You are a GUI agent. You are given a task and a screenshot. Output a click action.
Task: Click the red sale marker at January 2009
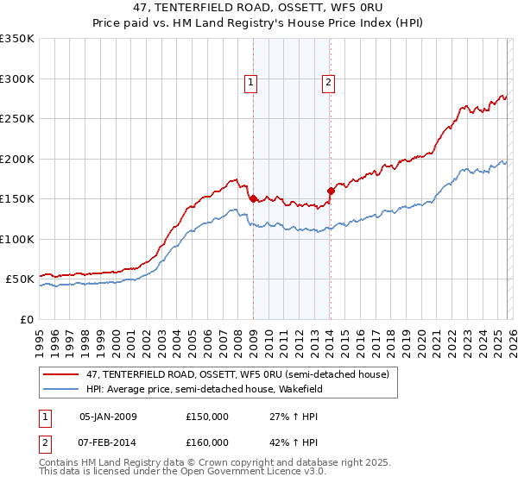point(253,198)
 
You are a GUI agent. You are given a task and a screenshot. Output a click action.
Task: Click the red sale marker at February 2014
point(331,191)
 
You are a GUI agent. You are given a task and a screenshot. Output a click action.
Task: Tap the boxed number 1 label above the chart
point(250,83)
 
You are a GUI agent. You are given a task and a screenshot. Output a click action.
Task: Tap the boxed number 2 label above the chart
point(329,83)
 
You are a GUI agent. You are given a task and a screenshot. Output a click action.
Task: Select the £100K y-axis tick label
point(17,239)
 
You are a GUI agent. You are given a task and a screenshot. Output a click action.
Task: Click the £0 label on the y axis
point(26,319)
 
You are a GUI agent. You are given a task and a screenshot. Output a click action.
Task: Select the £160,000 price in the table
point(207,442)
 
